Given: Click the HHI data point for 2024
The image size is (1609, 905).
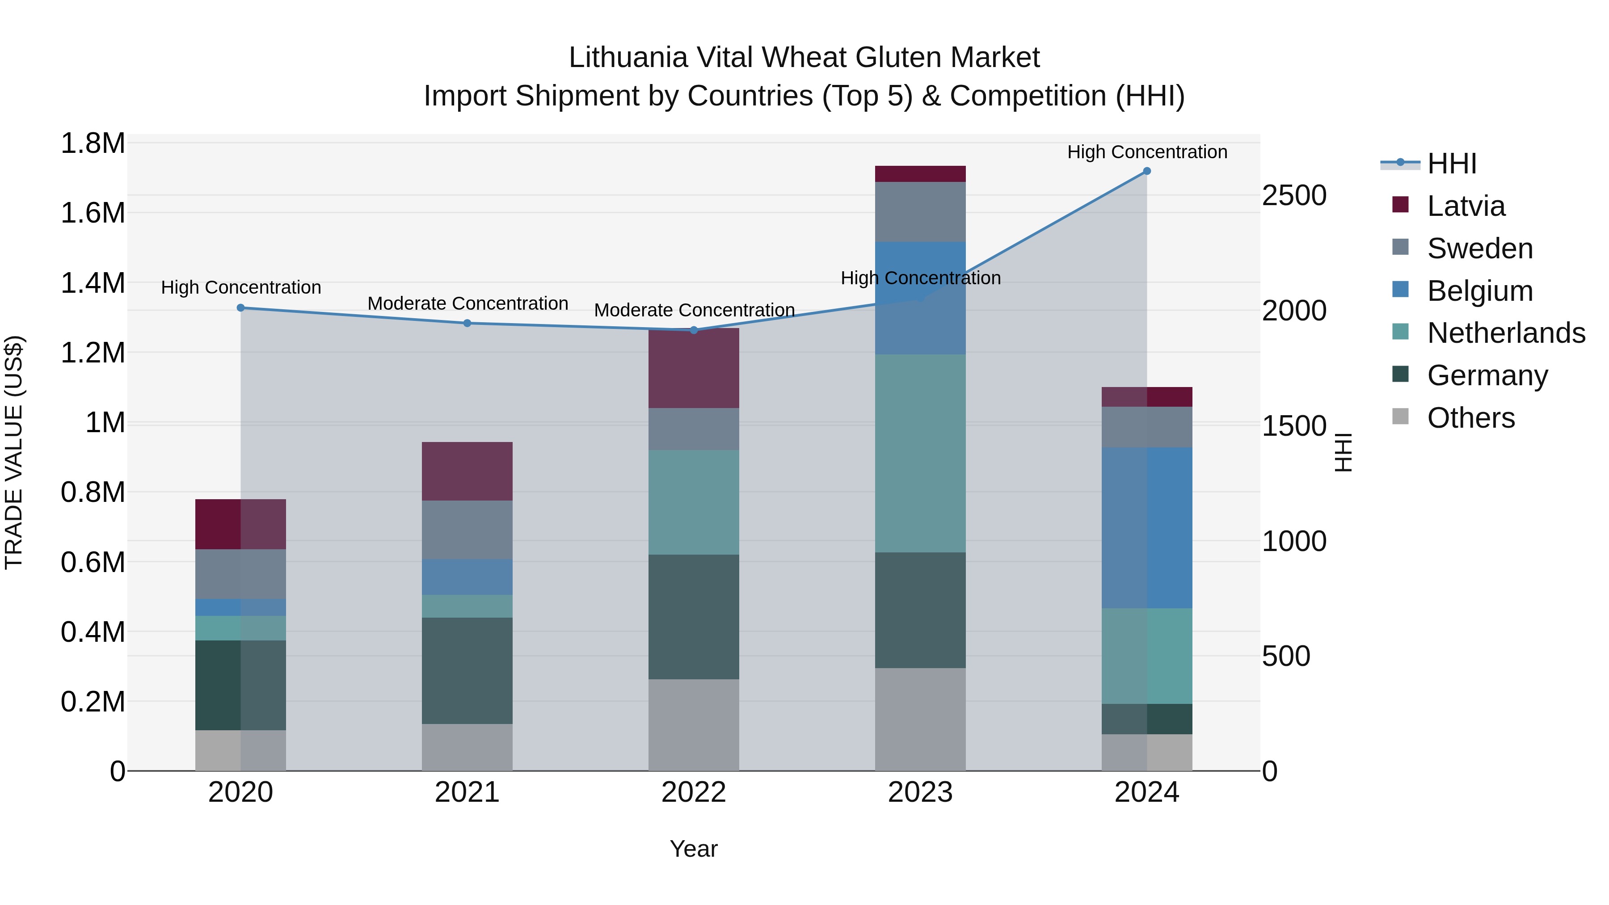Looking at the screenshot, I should coord(1147,171).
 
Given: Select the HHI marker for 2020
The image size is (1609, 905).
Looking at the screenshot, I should coord(240,308).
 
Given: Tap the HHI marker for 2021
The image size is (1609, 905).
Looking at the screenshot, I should coord(467,323).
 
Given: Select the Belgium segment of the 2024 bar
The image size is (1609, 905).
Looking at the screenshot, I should coord(1147,528).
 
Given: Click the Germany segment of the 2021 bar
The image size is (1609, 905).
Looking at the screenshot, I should coord(467,670).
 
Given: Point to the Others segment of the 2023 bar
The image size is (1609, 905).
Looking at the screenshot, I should coord(920,719).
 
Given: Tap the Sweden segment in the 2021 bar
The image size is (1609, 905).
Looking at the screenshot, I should coord(467,530).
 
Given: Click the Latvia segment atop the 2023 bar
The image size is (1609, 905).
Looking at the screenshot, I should coord(920,174).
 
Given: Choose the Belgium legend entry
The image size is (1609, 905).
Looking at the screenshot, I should coord(1480,291).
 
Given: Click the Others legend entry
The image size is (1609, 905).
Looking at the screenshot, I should coord(1470,418).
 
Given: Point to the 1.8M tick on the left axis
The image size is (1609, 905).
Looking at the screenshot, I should coord(93,143).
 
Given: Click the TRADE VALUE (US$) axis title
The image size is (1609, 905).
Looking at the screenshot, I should coord(14,452).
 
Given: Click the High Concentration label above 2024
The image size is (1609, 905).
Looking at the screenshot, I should coord(1147,152).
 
